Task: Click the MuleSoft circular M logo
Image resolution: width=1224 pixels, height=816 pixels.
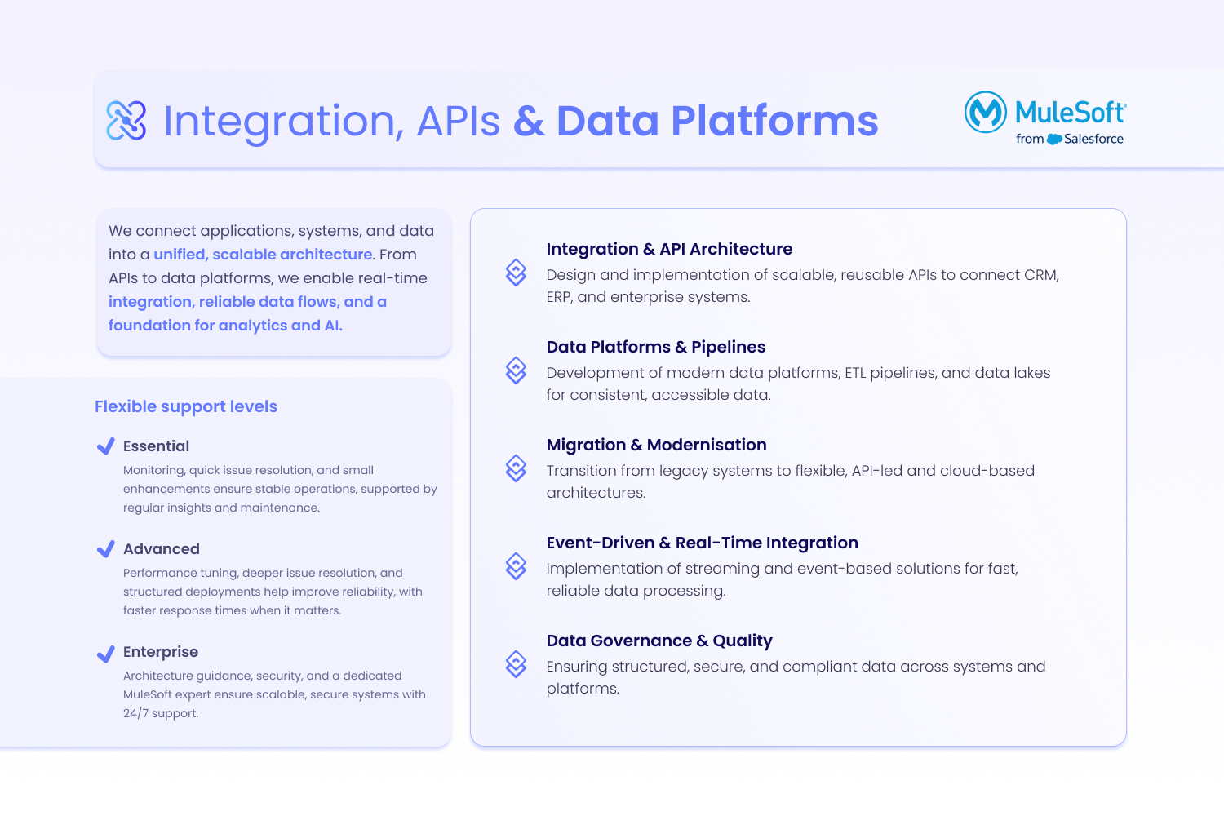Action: point(985,112)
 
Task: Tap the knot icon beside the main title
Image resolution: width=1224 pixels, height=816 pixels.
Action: point(126,120)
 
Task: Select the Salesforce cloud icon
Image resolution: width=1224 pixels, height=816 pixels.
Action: point(1054,140)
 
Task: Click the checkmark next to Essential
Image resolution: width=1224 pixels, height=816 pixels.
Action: point(106,446)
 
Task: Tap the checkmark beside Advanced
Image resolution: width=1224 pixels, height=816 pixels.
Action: point(106,548)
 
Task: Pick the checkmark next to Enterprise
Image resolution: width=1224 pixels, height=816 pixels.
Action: point(106,654)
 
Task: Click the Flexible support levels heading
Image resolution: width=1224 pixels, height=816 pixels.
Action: point(186,406)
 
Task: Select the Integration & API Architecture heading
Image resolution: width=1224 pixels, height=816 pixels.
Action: point(669,249)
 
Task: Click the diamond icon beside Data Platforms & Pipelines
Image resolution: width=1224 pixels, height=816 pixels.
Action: point(516,370)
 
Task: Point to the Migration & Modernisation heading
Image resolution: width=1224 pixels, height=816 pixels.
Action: point(656,445)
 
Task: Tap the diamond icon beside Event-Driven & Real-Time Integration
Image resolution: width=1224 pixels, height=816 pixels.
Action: point(516,566)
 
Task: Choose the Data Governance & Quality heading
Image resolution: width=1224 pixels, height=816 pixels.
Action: point(659,641)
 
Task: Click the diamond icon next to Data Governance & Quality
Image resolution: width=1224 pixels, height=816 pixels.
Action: point(516,664)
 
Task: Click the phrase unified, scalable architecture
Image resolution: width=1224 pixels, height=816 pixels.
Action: point(263,254)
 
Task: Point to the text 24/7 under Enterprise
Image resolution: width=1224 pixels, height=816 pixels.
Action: point(135,713)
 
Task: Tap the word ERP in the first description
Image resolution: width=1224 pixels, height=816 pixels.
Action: point(558,297)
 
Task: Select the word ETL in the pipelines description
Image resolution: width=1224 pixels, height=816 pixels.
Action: point(855,373)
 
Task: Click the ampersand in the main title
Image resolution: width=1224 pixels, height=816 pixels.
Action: point(529,121)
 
